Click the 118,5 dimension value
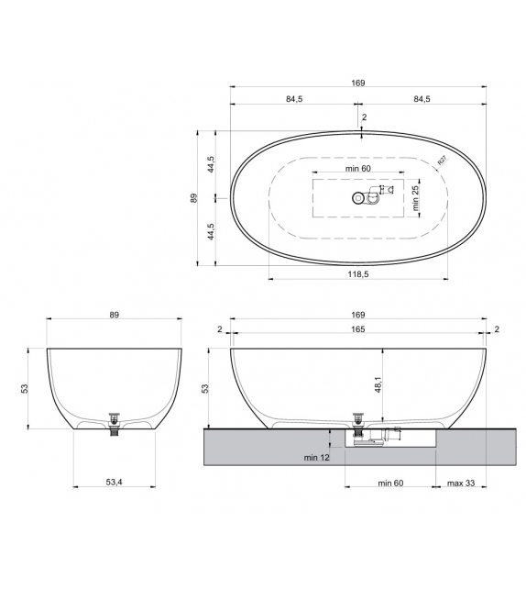pyautogui.click(x=357, y=273)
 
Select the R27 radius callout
pyautogui.click(x=441, y=161)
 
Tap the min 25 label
pyautogui.click(x=415, y=196)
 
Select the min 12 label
pyautogui.click(x=316, y=457)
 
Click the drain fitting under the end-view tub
pyautogui.click(x=115, y=423)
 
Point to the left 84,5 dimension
pyautogui.click(x=293, y=99)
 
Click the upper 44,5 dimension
pyautogui.click(x=210, y=164)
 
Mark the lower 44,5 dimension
pyautogui.click(x=210, y=231)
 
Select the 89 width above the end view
pyautogui.click(x=115, y=315)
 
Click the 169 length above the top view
pyautogui.click(x=357, y=83)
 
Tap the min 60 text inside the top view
pyautogui.click(x=358, y=169)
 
